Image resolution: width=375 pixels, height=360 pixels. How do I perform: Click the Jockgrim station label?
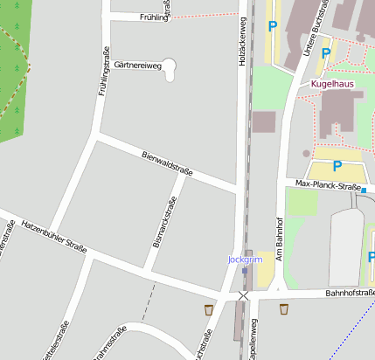tap(245, 260)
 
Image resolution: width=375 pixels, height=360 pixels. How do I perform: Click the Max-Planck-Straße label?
tap(328, 186)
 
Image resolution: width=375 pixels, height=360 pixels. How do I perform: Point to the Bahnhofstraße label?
tap(350, 293)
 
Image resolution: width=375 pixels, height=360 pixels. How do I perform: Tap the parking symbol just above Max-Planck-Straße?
tap(337, 165)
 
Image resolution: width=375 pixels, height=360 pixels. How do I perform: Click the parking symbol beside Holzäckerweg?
tap(273, 27)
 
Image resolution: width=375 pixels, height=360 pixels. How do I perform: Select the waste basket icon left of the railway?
tap(208, 309)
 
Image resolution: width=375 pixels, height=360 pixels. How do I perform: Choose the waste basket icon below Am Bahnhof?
tap(283, 308)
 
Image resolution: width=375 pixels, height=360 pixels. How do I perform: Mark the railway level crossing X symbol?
tap(243, 297)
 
